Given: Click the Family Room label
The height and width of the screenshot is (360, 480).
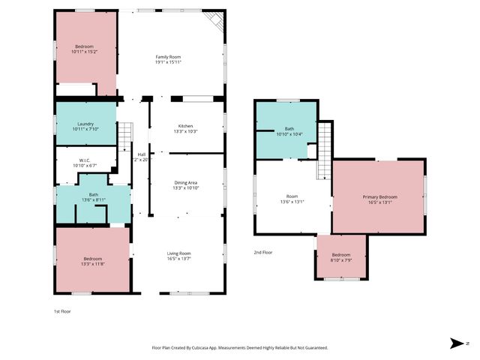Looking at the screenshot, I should click(168, 59).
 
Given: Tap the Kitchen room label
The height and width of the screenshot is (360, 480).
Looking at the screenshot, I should click(185, 128).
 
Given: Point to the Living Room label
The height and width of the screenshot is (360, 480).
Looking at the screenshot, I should click(178, 256).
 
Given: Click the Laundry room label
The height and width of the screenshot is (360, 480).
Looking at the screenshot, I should click(85, 126).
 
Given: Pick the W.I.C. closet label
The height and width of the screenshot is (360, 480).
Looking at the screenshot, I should click(85, 162).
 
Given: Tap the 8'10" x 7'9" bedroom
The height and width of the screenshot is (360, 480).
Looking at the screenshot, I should click(341, 257).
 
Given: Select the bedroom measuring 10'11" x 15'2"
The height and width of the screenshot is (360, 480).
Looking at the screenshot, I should click(84, 49).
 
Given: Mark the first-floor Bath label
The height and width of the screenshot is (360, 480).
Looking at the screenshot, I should click(93, 198).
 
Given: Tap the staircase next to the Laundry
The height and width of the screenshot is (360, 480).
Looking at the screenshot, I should click(124, 137).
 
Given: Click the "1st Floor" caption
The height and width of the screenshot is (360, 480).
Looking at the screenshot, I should click(62, 310).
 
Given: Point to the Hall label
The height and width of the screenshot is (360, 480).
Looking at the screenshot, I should click(142, 157).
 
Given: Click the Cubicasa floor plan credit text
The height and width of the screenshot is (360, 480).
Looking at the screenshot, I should click(239, 347).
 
